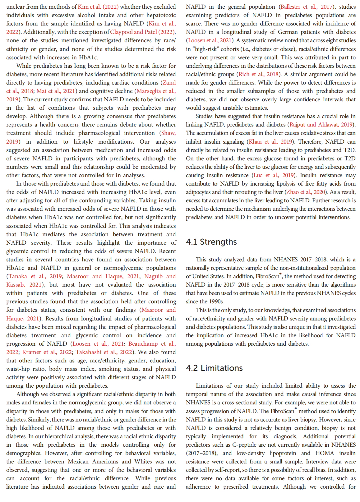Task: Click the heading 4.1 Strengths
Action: click(211, 242)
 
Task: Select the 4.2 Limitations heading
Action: click(214, 368)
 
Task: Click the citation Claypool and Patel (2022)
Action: click(142, 32)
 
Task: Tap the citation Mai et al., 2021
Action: click(56, 91)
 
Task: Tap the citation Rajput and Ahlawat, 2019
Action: click(321, 125)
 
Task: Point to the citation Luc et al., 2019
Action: click(273, 175)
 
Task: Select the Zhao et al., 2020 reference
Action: click(305, 192)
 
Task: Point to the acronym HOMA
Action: click(324, 453)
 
